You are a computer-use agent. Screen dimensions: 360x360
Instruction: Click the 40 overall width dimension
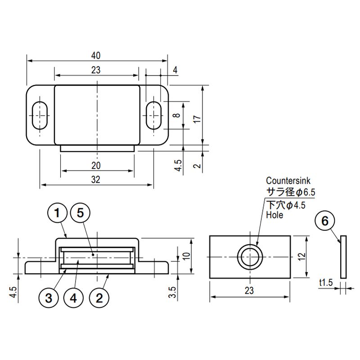click(x=96, y=55)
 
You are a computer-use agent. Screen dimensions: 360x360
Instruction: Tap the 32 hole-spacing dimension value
click(x=96, y=180)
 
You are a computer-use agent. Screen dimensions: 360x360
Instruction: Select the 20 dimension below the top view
click(x=96, y=166)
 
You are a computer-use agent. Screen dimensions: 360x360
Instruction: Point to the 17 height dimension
click(x=197, y=119)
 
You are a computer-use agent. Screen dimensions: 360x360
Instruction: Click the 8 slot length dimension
click(x=176, y=115)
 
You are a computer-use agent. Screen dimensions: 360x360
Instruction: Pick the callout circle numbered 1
click(x=57, y=213)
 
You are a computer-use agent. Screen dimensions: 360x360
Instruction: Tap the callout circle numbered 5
click(x=80, y=213)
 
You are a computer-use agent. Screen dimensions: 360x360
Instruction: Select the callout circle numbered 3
click(x=49, y=298)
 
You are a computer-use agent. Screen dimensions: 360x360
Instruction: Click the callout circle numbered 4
click(x=73, y=298)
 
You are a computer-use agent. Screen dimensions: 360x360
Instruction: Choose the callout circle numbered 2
click(x=99, y=298)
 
